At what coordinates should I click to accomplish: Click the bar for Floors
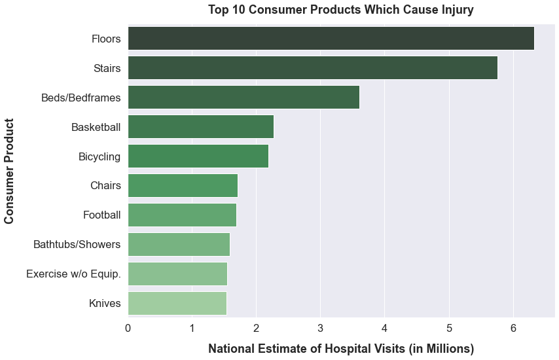(x=331, y=39)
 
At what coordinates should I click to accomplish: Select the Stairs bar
(x=312, y=68)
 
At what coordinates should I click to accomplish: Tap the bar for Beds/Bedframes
(x=243, y=98)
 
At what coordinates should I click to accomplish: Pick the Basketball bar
(x=200, y=127)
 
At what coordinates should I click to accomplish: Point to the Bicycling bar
(x=198, y=156)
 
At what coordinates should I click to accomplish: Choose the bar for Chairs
(x=183, y=186)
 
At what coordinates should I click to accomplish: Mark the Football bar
(x=182, y=215)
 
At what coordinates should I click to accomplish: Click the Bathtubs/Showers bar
(x=179, y=245)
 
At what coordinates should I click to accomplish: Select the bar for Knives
(x=177, y=304)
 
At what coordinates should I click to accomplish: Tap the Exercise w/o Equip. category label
(x=73, y=274)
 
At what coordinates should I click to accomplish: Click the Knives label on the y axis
(x=105, y=304)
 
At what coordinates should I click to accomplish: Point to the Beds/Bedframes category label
(x=81, y=98)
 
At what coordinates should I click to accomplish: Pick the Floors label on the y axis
(x=106, y=39)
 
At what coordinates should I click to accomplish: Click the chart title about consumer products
(x=340, y=10)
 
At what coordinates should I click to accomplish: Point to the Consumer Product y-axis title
(x=10, y=171)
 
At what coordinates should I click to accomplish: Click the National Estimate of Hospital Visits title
(x=340, y=349)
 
